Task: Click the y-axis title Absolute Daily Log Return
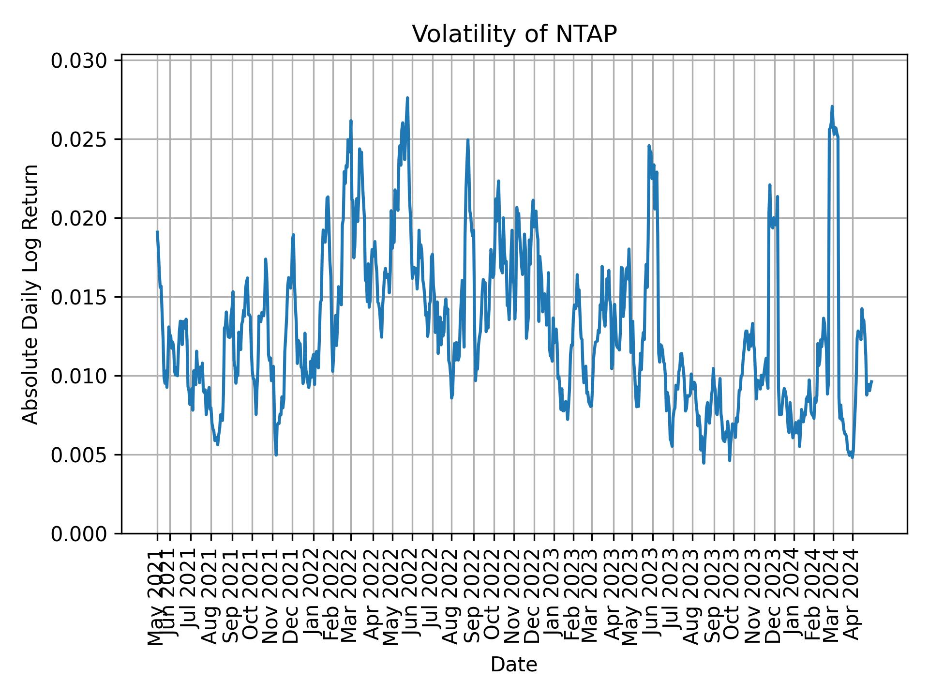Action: (31, 294)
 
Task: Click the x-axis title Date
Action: (514, 665)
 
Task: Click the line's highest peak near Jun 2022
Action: (407, 98)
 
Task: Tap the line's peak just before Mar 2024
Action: (832, 106)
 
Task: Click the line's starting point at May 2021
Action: (157, 232)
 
